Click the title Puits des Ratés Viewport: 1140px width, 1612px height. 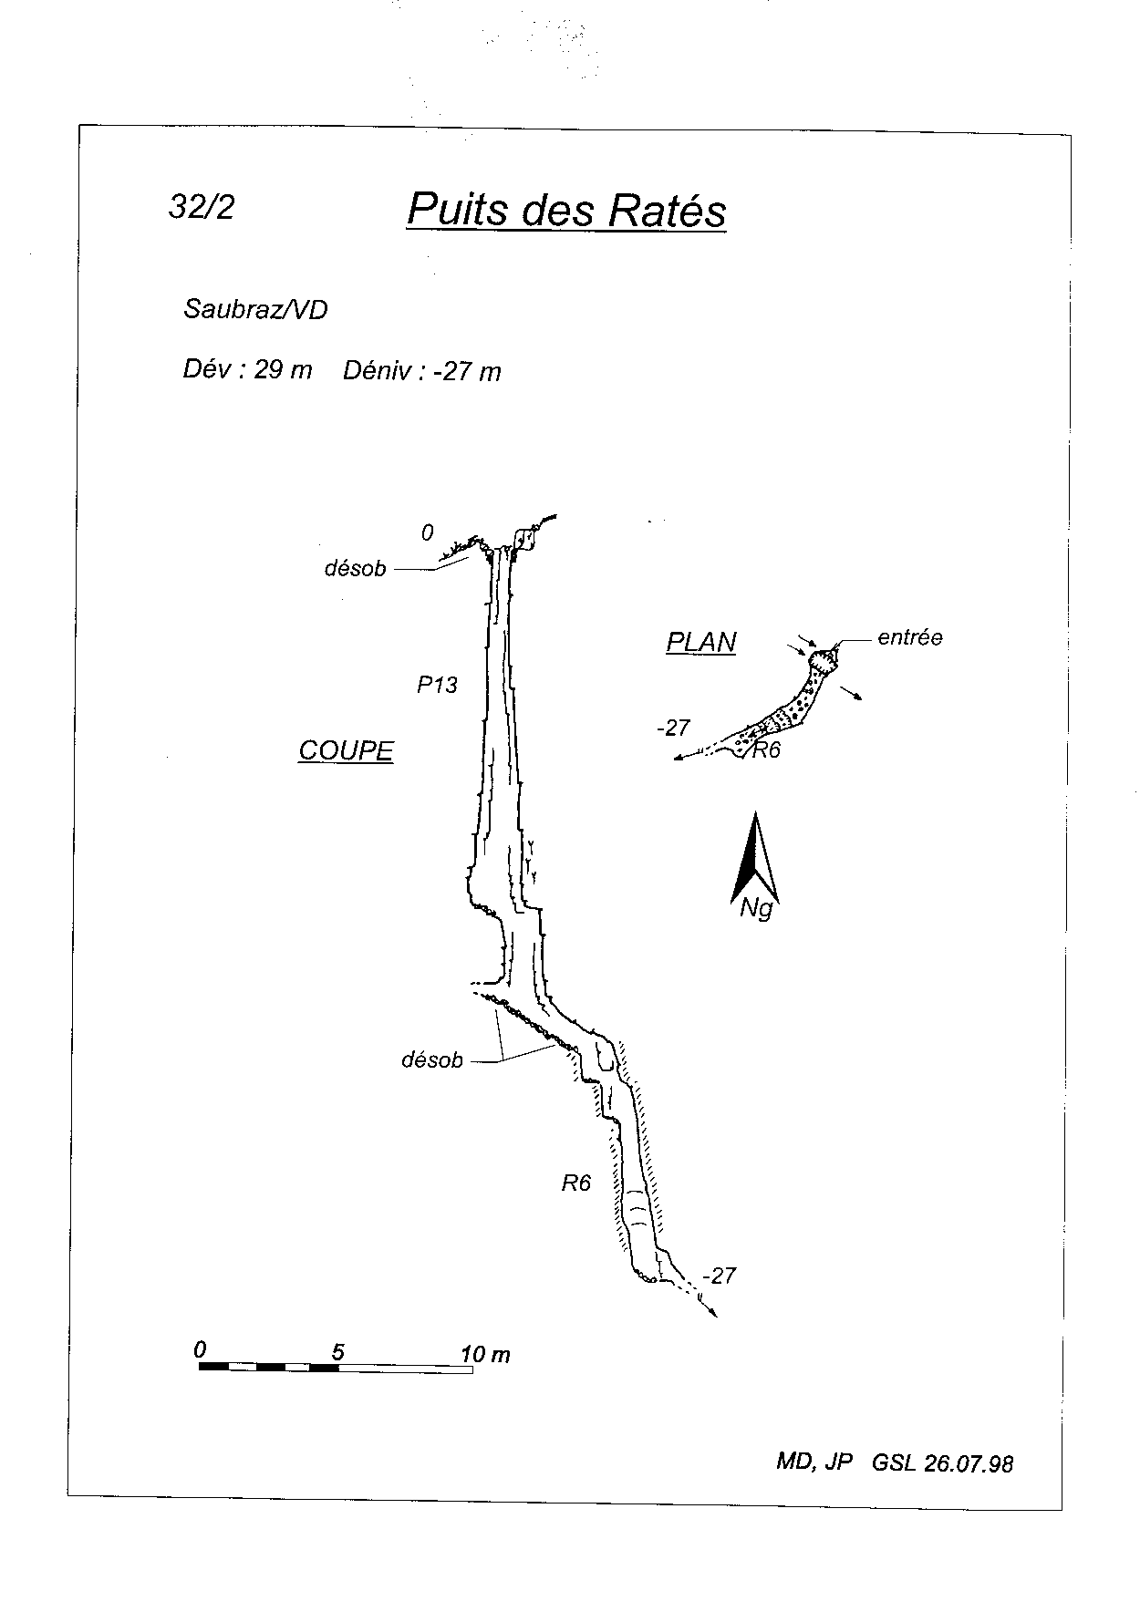tap(565, 210)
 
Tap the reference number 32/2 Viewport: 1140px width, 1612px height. tap(202, 208)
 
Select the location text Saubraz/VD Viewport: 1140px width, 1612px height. tap(255, 310)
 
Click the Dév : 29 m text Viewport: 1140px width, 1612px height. tap(247, 370)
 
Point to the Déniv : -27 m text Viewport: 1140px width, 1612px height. tap(422, 371)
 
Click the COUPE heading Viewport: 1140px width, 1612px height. tap(346, 750)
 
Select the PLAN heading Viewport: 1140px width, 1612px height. tap(701, 643)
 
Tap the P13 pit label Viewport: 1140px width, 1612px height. tap(437, 685)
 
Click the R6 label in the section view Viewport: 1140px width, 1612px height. tap(576, 1183)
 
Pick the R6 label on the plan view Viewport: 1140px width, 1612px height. tap(766, 751)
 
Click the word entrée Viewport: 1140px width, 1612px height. tap(910, 638)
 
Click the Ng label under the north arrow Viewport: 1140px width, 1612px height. tap(756, 909)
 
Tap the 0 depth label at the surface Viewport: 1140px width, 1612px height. tap(428, 532)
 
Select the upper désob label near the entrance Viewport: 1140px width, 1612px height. tap(356, 569)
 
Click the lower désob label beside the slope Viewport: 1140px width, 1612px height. tap(432, 1060)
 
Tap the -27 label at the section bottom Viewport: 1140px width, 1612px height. tap(719, 1276)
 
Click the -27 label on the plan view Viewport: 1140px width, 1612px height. tap(673, 728)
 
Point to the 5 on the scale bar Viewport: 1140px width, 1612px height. tap(337, 1352)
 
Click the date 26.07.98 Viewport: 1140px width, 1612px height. tap(969, 1463)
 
